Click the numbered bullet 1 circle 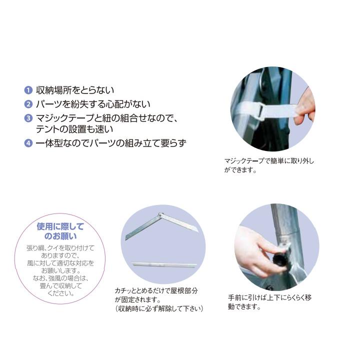(28, 90)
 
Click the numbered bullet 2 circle (28, 104)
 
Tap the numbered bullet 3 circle (28, 118)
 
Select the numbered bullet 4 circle (28, 143)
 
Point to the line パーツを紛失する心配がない (93, 104)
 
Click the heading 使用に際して (61, 226)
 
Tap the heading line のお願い (61, 236)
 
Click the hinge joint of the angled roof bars (160, 215)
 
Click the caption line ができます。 (240, 170)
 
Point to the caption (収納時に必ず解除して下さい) (159, 308)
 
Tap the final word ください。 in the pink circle (61, 293)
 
